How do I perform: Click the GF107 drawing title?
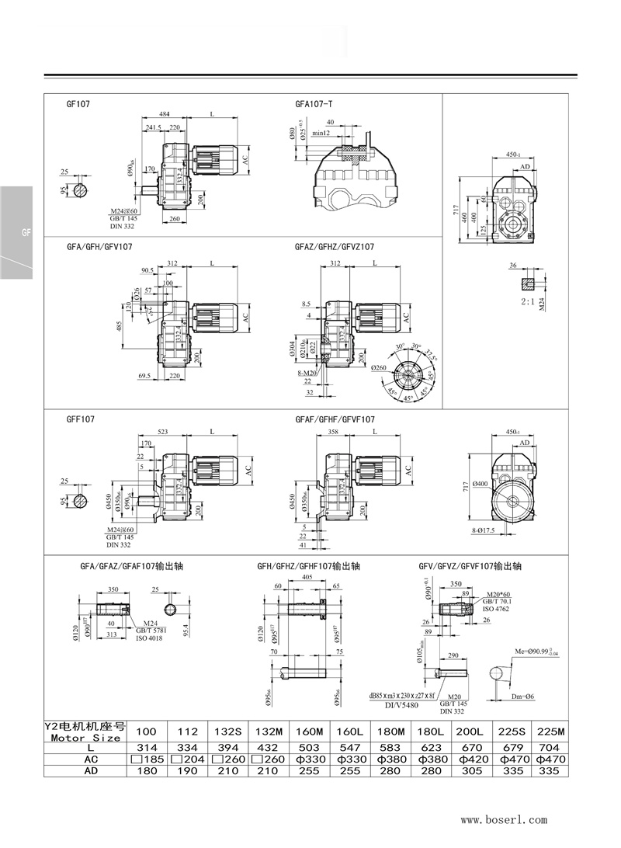point(78,103)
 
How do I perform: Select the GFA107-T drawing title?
point(314,103)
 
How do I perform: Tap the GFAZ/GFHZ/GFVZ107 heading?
point(335,247)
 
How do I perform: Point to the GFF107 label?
point(81,419)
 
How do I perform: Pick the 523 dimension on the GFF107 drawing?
point(163,431)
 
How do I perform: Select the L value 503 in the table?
point(308,746)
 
